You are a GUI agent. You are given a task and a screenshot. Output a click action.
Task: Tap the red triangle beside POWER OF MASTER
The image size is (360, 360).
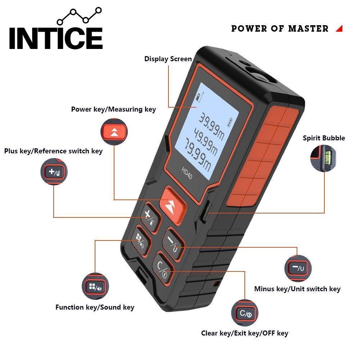click(339, 29)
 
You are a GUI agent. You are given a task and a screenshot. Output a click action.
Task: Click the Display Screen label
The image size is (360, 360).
click(168, 59)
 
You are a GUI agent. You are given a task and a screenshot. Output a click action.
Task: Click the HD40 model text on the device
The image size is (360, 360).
click(187, 173)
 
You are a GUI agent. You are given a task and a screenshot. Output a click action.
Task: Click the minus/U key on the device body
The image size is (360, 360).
click(173, 243)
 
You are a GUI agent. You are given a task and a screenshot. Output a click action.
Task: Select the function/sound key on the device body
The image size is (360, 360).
click(140, 240)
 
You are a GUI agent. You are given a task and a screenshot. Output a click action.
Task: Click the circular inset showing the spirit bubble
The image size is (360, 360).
click(323, 158)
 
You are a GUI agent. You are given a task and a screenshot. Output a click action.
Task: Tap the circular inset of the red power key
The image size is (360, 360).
click(114, 132)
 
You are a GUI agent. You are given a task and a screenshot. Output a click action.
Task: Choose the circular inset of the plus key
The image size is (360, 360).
click(54, 172)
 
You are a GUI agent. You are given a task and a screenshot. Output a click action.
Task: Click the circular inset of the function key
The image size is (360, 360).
click(95, 286)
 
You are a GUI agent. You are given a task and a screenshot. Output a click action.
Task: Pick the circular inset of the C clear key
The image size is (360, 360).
click(245, 313)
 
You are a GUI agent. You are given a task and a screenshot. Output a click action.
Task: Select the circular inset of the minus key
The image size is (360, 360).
click(298, 268)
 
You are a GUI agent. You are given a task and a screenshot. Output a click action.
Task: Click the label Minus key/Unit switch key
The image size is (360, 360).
click(297, 289)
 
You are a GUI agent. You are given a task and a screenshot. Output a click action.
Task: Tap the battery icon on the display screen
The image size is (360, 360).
click(230, 122)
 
